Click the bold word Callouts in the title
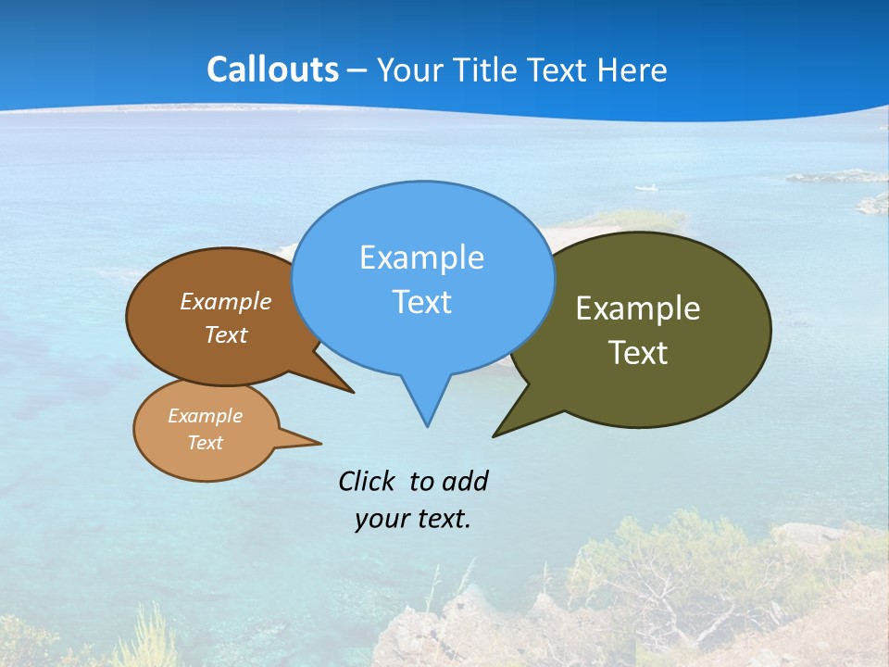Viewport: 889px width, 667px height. tap(272, 70)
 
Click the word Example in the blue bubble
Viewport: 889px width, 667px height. tap(421, 258)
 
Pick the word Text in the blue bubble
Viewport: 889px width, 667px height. tap(421, 302)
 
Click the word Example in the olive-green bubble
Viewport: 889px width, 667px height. tap(638, 308)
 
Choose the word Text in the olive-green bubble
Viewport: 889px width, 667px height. tap(638, 353)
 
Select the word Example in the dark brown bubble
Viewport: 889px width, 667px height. tap(226, 302)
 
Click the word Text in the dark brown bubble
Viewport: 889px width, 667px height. tap(226, 335)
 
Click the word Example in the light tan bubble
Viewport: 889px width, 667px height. tap(205, 416)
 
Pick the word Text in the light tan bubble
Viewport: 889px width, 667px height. tap(205, 443)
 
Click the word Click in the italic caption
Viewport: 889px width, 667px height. tap(368, 481)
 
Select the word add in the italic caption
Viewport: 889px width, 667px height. tap(464, 481)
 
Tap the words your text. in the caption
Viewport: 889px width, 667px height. tap(413, 519)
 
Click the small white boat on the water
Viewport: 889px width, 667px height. tap(647, 189)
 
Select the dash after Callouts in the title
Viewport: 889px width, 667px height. tap(357, 71)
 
